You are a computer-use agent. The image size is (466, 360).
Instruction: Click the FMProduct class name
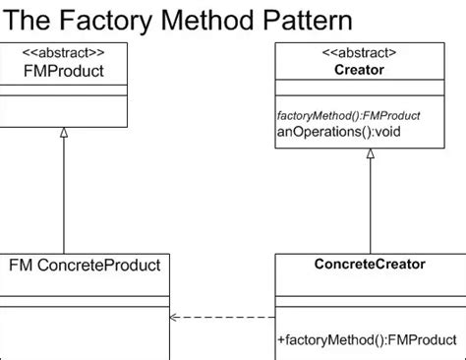63,71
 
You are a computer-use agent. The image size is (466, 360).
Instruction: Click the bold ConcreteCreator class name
370,264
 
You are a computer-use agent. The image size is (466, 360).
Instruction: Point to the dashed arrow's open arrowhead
174,317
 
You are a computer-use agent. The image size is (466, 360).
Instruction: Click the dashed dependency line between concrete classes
226,317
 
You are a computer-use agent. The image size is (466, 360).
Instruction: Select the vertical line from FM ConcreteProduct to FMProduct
64,197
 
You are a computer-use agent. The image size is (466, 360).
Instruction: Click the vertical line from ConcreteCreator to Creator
371,207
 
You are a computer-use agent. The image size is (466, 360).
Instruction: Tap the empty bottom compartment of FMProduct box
63,111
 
